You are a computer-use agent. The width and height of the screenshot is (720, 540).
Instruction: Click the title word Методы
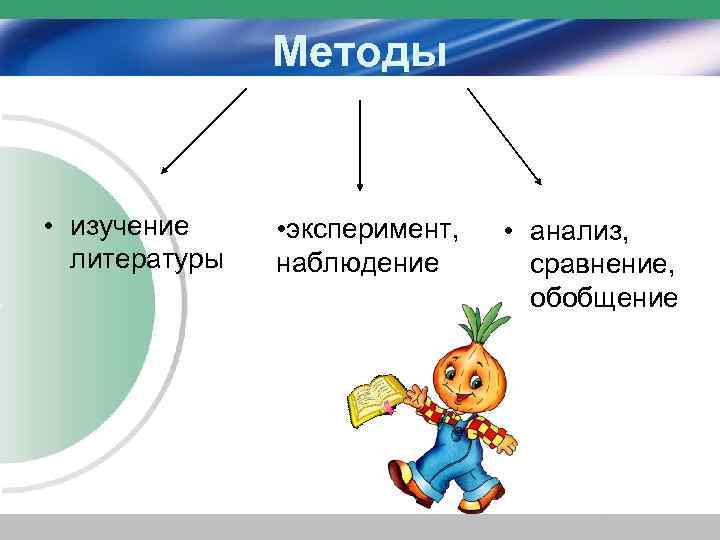coord(360,50)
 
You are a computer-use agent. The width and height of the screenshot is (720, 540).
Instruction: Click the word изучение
coord(130,224)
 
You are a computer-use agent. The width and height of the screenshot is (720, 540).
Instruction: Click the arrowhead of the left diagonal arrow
coord(166,171)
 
